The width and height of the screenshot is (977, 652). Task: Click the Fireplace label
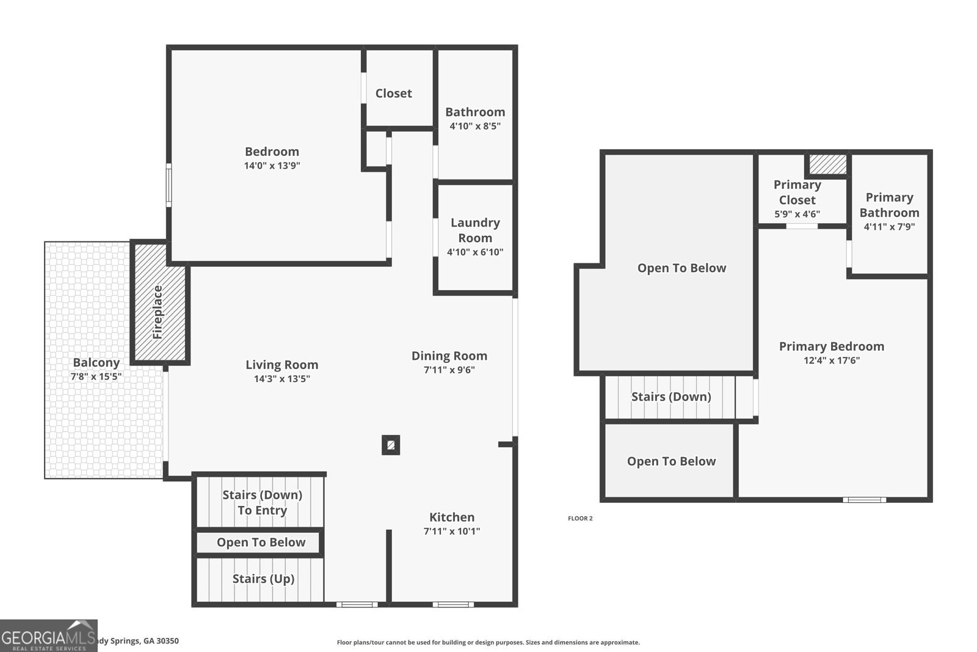[x=158, y=312]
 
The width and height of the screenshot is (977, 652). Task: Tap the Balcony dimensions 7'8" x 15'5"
[x=96, y=376]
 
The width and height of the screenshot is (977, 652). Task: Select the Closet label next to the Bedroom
[x=393, y=93]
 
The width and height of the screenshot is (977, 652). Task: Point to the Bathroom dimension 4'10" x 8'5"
[x=475, y=126]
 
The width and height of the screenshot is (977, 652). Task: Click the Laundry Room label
[x=475, y=230]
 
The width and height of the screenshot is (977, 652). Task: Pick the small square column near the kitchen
[x=391, y=445]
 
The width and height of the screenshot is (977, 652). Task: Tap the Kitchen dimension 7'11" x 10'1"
[x=452, y=531]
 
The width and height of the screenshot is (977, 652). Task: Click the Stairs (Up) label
[x=263, y=578]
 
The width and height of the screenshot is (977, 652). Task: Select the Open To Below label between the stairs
[x=261, y=542]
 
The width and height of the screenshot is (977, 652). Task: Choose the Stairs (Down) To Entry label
[x=262, y=502]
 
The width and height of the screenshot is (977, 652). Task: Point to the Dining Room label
[x=449, y=356]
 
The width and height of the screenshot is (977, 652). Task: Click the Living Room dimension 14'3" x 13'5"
[x=281, y=378]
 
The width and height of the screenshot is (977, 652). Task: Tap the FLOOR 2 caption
[x=580, y=518]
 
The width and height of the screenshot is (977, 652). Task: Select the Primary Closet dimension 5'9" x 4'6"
[x=797, y=214]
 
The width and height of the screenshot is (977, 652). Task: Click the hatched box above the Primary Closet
[x=828, y=164]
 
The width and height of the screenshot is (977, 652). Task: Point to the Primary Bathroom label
[x=889, y=205]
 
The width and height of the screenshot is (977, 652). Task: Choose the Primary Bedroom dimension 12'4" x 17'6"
[x=831, y=360]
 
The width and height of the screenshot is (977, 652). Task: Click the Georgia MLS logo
[x=48, y=636]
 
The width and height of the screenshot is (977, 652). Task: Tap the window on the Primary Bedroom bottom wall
[x=864, y=500]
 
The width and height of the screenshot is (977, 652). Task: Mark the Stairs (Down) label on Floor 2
[x=671, y=397]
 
